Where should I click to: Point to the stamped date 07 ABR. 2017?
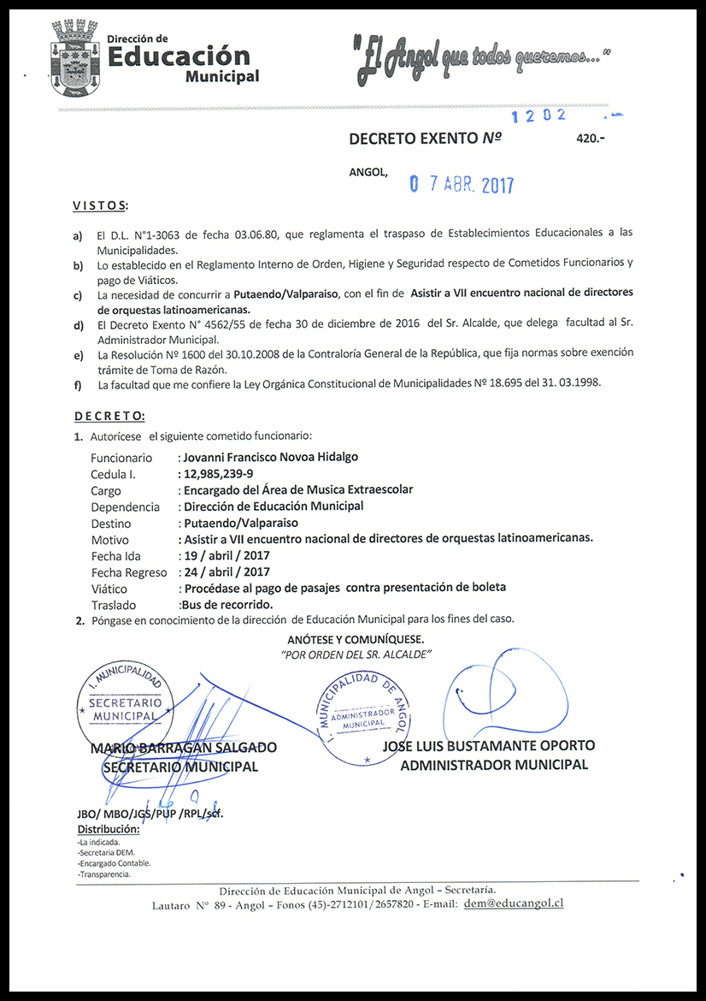click(x=461, y=184)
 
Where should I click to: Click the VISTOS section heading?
click(x=100, y=206)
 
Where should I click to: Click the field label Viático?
click(x=109, y=589)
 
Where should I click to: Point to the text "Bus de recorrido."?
click(x=224, y=605)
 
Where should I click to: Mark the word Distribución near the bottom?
click(x=109, y=829)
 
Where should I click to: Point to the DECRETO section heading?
click(x=109, y=416)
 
